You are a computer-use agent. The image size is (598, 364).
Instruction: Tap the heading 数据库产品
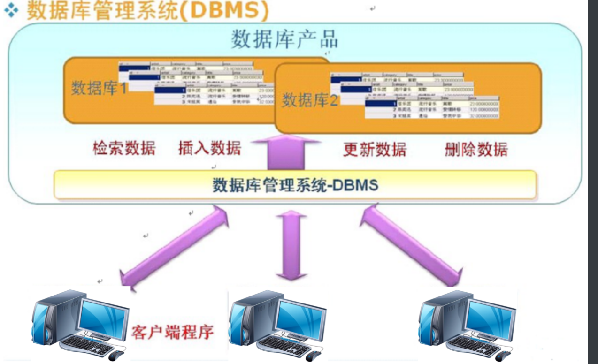pyautogui.click(x=284, y=40)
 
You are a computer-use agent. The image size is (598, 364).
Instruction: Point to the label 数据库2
pyautogui.click(x=309, y=99)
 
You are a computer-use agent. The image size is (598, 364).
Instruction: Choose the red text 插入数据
pyautogui.click(x=210, y=148)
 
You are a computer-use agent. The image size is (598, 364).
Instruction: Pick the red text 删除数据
pyautogui.click(x=476, y=150)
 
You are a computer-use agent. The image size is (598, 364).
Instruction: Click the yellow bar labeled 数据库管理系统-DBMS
pyautogui.click(x=295, y=184)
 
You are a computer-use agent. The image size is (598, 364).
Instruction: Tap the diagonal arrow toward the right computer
pyautogui.click(x=410, y=246)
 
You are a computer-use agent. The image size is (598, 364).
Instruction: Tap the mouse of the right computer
pyautogui.click(x=500, y=356)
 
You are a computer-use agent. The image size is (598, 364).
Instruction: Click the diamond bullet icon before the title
pyautogui.click(x=10, y=11)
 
